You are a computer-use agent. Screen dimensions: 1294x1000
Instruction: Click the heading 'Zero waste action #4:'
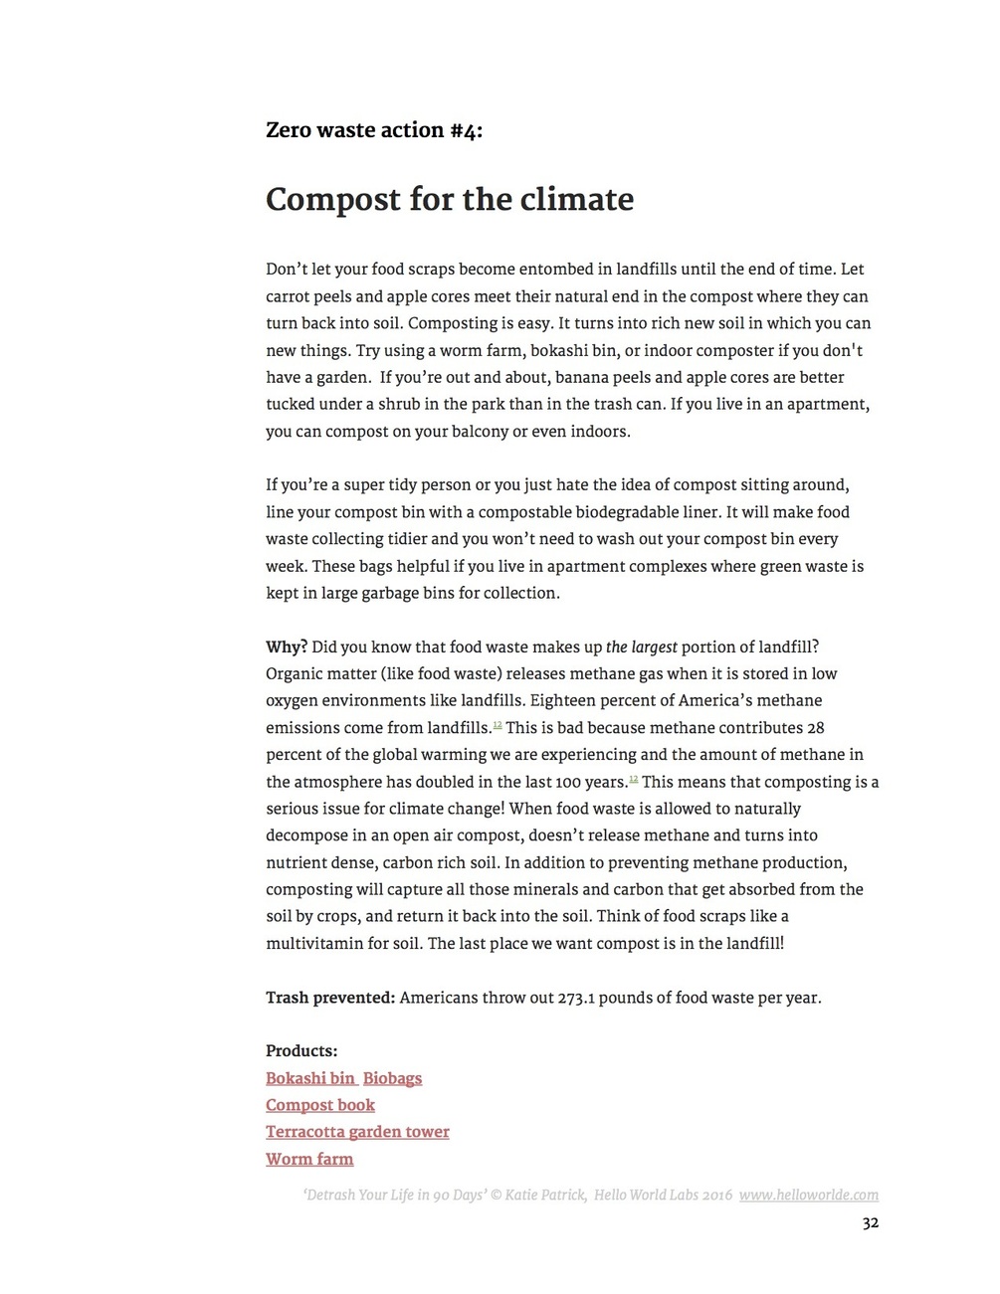click(x=374, y=130)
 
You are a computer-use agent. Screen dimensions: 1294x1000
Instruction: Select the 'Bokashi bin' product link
click(x=310, y=1078)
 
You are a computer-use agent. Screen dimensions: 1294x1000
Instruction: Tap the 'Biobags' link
click(x=392, y=1078)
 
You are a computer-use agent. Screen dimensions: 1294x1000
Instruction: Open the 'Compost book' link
click(x=320, y=1105)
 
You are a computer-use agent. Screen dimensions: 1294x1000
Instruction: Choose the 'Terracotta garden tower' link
click(x=357, y=1132)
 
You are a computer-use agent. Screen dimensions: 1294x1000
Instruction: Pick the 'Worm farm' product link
click(x=309, y=1159)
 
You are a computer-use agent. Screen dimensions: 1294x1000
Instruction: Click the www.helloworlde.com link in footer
click(x=809, y=1196)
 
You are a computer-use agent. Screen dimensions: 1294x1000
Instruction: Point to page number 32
click(x=871, y=1223)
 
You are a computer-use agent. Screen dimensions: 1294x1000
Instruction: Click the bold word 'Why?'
click(x=287, y=647)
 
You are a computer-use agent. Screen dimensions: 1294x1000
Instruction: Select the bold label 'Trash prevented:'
click(x=330, y=998)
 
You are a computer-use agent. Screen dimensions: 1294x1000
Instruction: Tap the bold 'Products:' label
click(x=301, y=1051)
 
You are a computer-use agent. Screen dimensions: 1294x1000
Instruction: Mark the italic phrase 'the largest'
click(x=642, y=647)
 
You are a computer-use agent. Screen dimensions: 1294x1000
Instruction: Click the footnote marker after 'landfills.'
click(x=498, y=724)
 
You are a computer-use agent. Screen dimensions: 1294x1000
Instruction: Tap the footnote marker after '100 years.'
click(x=634, y=778)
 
